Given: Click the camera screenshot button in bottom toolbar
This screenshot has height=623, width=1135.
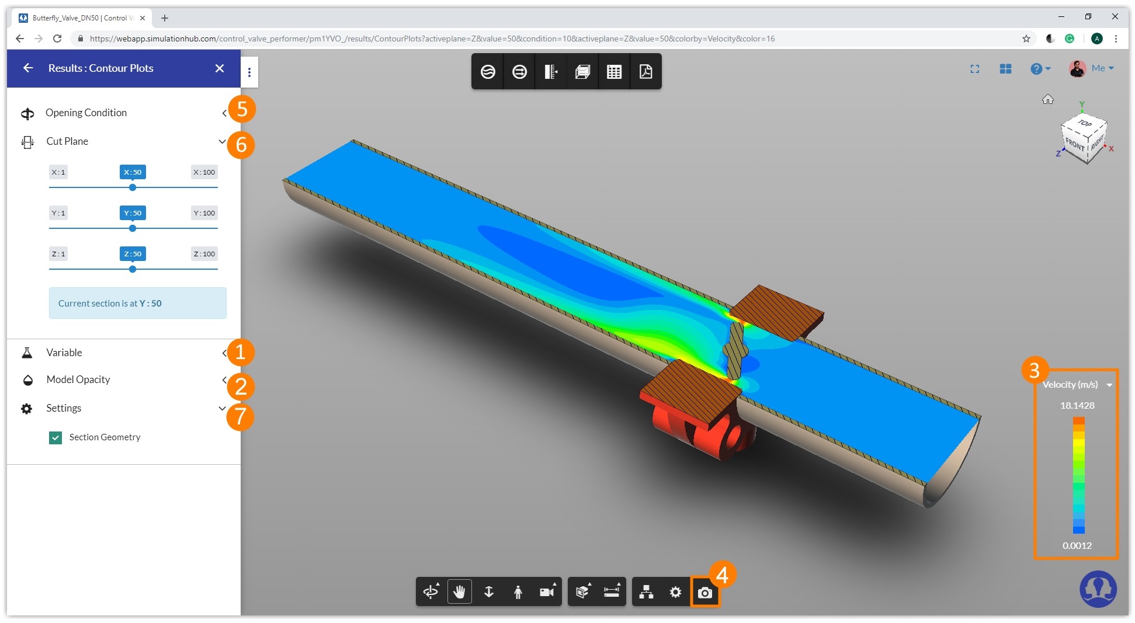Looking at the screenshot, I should (x=704, y=593).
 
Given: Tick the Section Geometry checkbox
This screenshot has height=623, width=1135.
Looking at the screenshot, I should (x=55, y=437).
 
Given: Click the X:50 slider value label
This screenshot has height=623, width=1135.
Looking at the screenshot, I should (x=133, y=172).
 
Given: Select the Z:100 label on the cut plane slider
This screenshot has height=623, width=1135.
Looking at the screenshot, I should (x=204, y=254).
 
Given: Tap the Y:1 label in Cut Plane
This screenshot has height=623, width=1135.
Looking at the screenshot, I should (x=58, y=213).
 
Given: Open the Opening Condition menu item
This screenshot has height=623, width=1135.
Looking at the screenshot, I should (x=86, y=113).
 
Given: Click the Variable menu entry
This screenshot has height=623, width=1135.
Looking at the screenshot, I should (x=64, y=353).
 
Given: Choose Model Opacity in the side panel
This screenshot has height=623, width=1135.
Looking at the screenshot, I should (x=78, y=380).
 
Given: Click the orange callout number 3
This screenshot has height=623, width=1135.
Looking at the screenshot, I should (x=1034, y=370).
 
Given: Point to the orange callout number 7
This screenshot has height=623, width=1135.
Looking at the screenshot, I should (x=240, y=416).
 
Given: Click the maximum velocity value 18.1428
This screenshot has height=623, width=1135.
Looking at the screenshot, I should (x=1077, y=405).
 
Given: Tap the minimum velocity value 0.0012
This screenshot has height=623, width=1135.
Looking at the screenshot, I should (x=1077, y=545).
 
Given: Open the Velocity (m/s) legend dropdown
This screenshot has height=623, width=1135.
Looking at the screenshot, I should (x=1109, y=385).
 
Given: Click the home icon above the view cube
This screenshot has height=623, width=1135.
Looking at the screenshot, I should (x=1047, y=99).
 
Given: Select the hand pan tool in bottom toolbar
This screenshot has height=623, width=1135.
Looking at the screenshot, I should (x=459, y=592).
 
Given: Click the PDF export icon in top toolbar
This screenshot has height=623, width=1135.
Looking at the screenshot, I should (x=645, y=72).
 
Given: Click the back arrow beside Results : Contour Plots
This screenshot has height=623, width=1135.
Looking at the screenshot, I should (x=28, y=68).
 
